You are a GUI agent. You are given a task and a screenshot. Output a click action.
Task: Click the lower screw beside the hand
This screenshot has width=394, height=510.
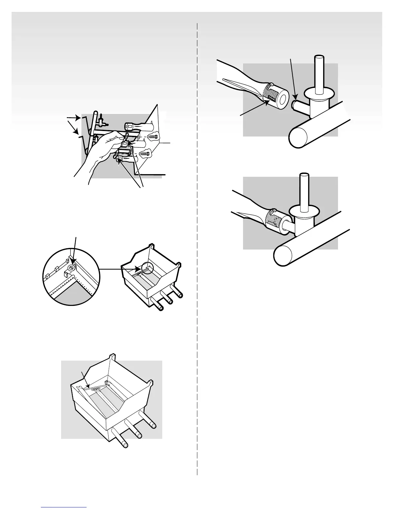[145, 154]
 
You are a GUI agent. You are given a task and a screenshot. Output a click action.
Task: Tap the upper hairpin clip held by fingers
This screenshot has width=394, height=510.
[126, 137]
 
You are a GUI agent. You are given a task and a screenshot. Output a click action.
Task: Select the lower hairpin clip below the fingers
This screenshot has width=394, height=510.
[118, 157]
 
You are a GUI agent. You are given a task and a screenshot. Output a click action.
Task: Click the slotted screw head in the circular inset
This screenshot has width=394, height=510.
[71, 268]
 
